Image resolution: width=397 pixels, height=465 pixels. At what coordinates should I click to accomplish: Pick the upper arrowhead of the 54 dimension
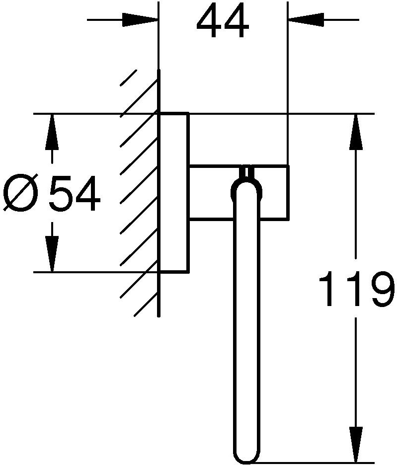tap(52, 132)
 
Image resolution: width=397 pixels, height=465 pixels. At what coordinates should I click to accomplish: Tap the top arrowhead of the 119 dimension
tap(355, 132)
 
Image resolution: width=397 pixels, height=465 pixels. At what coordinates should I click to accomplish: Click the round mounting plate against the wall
tap(173, 193)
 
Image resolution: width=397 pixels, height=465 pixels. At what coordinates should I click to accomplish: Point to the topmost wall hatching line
tap(129, 79)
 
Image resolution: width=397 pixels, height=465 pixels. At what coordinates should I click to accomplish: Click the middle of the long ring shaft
tap(247, 318)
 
